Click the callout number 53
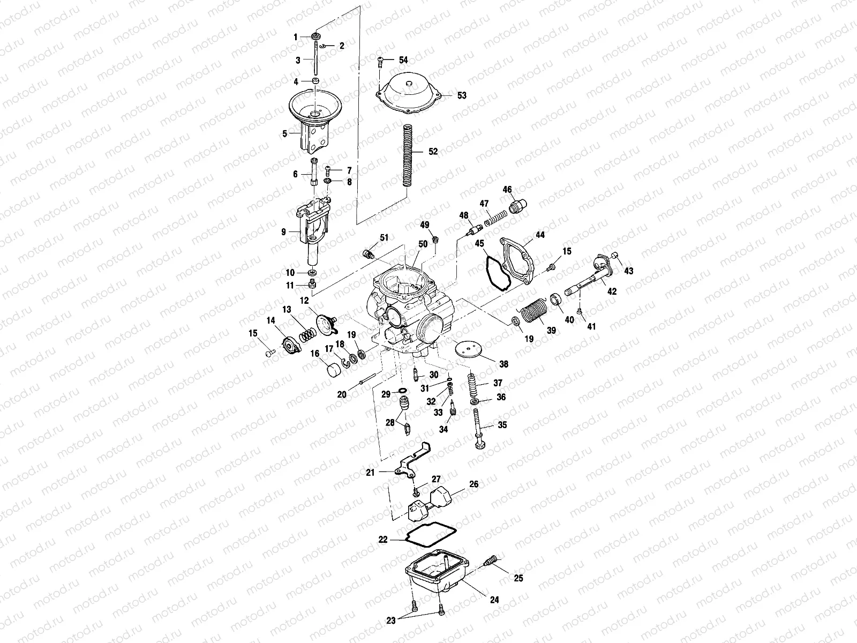462,95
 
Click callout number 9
284,232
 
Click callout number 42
612,291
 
